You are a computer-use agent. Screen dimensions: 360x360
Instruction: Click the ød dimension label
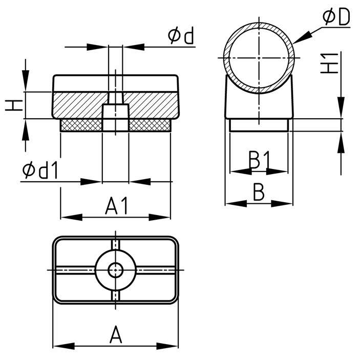pyautogui.click(x=181, y=35)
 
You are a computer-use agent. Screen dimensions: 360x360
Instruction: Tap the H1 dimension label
pyautogui.click(x=329, y=63)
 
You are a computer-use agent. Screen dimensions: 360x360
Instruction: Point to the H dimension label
pyautogui.click(x=14, y=105)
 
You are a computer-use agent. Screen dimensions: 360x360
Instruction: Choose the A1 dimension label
pyautogui.click(x=116, y=205)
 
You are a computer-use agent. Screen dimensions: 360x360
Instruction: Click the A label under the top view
pyautogui.click(x=116, y=334)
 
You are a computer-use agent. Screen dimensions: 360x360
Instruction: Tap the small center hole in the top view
pyautogui.click(x=116, y=270)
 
